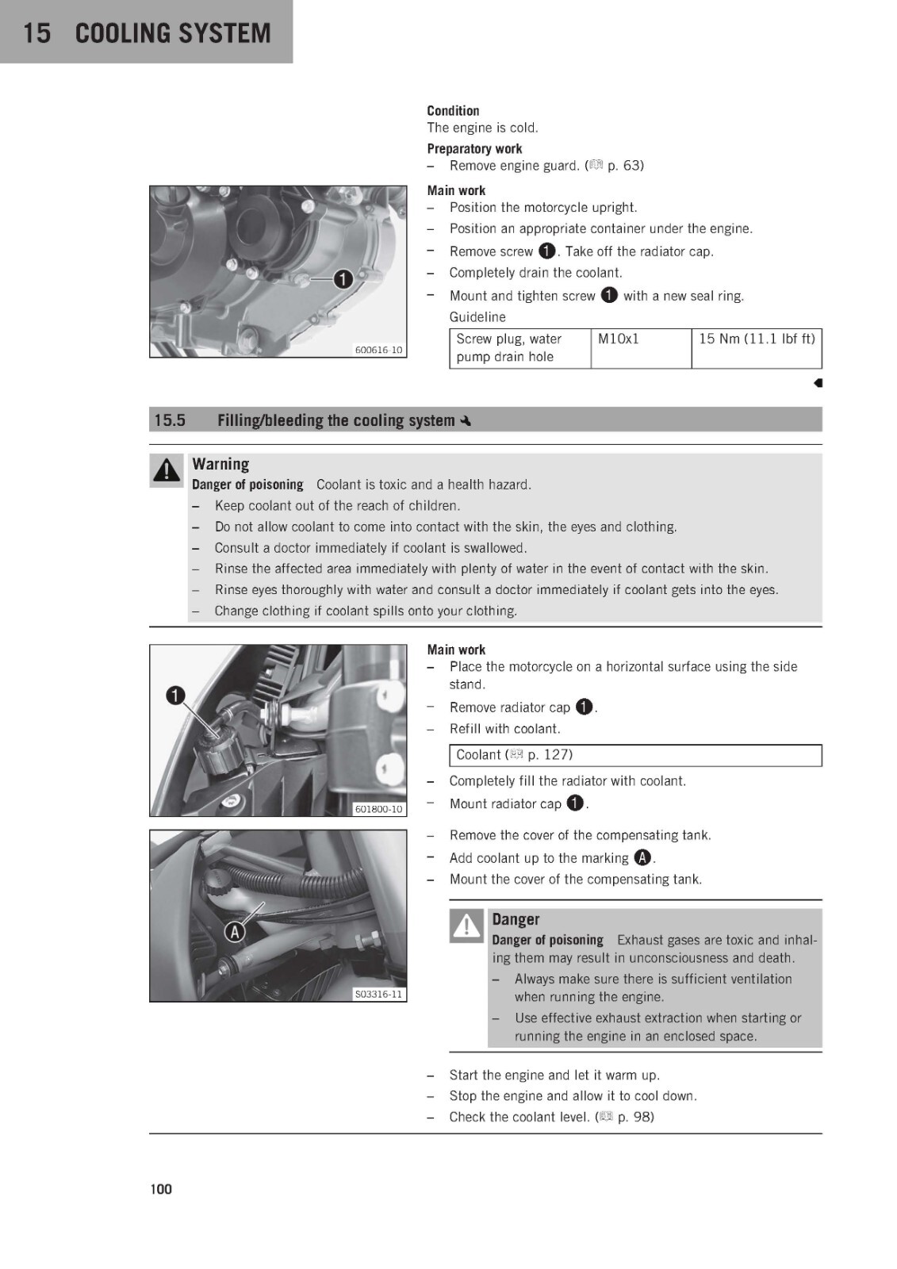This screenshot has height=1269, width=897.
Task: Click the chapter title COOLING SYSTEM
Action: tap(173, 33)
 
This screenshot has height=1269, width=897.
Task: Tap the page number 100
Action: tap(161, 1189)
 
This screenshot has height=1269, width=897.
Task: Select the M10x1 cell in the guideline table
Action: tap(641, 348)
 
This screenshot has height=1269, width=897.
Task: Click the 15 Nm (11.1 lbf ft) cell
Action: tap(757, 348)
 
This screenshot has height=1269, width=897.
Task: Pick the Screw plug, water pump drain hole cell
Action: tap(520, 348)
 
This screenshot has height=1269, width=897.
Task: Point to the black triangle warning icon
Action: tap(167, 470)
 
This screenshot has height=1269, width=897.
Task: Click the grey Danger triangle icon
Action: tap(466, 925)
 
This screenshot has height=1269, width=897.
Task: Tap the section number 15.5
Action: tap(170, 420)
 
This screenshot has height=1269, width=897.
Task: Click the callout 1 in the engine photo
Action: tap(343, 279)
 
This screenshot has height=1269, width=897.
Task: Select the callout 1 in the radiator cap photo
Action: tap(175, 695)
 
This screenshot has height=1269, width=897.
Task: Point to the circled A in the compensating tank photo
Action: tap(235, 931)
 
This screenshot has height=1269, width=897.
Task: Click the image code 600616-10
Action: tap(378, 350)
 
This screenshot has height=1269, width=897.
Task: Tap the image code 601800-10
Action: tap(378, 809)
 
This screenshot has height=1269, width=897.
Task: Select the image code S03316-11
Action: tap(378, 995)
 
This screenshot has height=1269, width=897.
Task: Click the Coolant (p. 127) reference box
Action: tap(635, 755)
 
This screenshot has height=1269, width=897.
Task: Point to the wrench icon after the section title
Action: tap(466, 421)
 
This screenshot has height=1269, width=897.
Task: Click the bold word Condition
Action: tap(453, 110)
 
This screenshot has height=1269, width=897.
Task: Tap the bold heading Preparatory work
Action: tap(474, 148)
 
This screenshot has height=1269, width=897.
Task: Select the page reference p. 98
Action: tap(635, 1117)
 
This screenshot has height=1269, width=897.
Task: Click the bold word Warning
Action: tap(220, 464)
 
